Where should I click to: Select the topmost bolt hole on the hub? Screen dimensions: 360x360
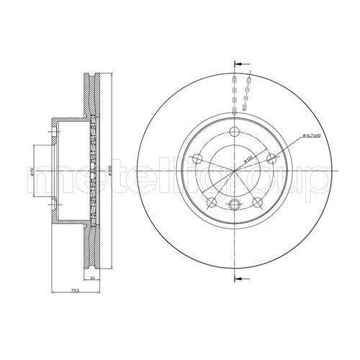tap(235, 132)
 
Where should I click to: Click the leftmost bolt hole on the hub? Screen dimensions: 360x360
tap(199, 158)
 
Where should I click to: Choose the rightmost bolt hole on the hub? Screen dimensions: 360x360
tap(271, 158)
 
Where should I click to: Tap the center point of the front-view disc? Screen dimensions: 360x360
tap(235, 171)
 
